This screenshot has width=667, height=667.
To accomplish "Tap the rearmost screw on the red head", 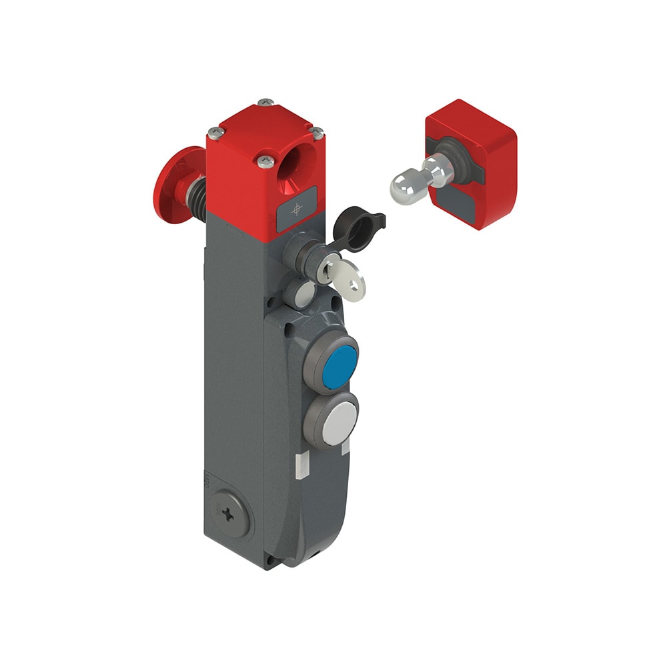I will [x=265, y=102].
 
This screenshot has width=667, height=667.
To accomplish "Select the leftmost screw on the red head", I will [x=213, y=131].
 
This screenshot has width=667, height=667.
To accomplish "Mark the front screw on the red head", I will [x=265, y=160].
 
